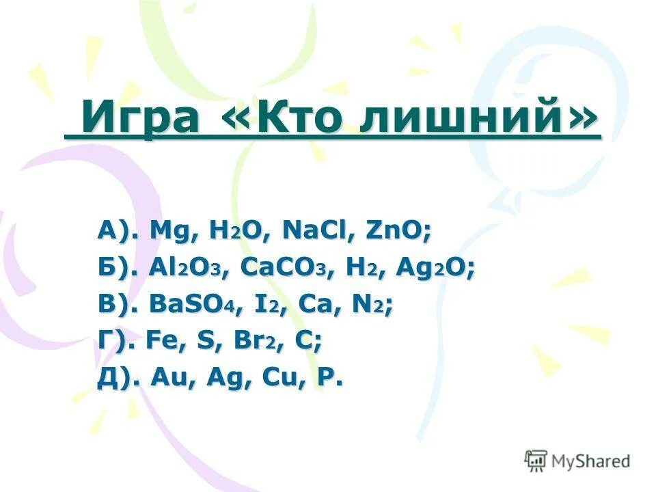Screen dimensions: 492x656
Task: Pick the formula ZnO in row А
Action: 397,232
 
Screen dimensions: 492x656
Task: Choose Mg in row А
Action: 169,233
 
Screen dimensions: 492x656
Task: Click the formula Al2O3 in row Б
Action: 187,269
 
